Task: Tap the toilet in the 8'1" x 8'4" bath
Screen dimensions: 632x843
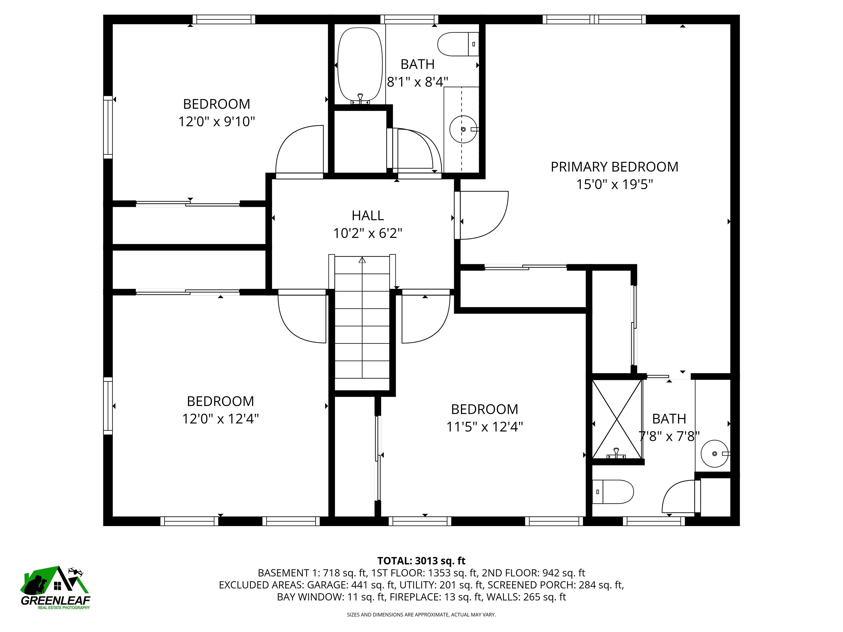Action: [457, 44]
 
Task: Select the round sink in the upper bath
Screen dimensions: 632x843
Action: [463, 129]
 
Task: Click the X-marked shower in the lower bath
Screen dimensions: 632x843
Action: [617, 419]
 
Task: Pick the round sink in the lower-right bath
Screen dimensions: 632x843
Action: [714, 453]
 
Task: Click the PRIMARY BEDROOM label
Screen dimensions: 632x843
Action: [614, 167]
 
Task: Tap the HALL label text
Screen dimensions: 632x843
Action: [367, 216]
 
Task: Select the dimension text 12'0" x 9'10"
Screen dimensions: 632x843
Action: [217, 122]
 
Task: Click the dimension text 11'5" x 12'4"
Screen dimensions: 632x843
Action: [484, 427]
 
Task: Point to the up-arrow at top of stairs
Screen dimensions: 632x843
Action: [362, 260]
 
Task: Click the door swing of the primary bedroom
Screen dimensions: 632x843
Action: [486, 215]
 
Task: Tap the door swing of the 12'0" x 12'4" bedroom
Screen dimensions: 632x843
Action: [301, 318]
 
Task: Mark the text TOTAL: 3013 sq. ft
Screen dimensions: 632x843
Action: [421, 561]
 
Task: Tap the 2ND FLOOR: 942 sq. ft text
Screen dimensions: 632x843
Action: [533, 573]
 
